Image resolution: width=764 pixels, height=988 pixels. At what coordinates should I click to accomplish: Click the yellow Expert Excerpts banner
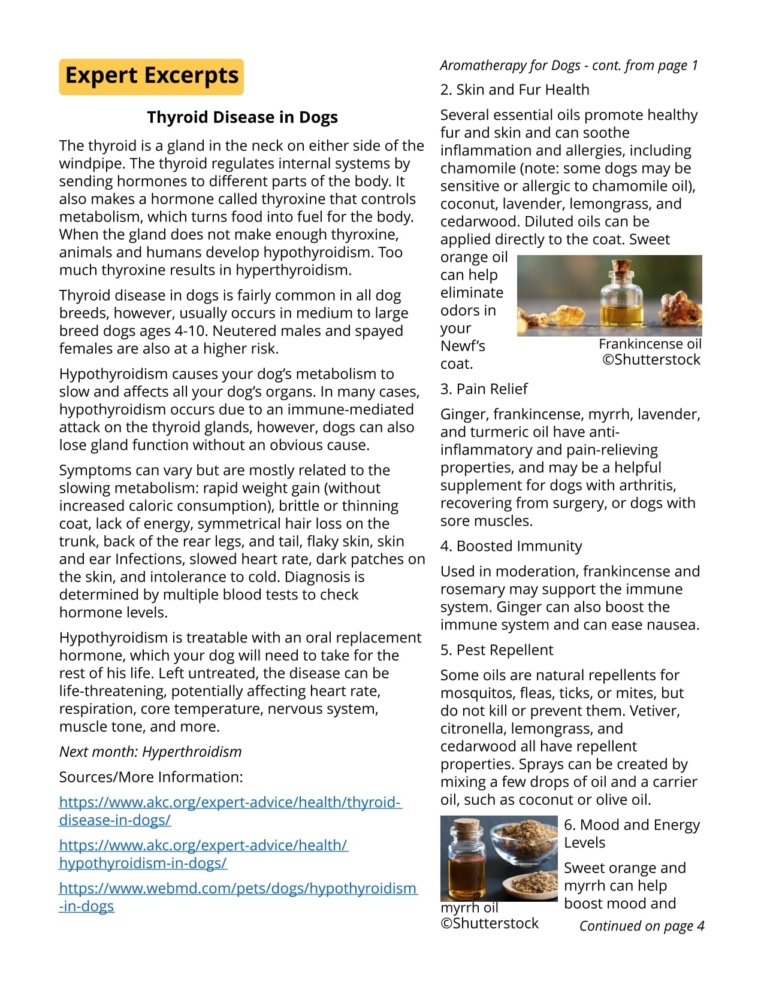152,77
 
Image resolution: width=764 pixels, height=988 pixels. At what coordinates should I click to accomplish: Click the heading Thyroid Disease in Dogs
242,117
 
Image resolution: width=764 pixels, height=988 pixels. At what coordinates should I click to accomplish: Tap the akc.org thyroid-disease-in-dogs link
230,811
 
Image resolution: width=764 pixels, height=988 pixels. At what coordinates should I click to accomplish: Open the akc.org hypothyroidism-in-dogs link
203,854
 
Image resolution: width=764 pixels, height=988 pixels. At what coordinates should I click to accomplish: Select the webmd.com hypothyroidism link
237,896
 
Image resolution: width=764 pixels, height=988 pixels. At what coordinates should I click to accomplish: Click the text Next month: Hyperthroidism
150,751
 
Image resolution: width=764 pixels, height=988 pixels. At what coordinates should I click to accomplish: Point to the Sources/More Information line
151,777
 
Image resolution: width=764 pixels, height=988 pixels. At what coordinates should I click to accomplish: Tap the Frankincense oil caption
650,344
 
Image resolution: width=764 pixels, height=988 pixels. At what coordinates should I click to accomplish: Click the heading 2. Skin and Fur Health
515,89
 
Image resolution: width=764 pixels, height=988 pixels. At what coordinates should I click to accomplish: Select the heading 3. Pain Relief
484,389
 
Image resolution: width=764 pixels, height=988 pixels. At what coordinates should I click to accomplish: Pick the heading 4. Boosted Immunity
511,545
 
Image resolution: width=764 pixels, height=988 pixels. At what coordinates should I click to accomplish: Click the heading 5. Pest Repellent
497,650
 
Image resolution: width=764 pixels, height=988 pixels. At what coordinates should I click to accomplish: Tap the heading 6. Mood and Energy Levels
632,833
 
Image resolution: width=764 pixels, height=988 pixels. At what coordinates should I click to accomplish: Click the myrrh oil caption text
469,907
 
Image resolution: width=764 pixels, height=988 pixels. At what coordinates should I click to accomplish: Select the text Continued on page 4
642,926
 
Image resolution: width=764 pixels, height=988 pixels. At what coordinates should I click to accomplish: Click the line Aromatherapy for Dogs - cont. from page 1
569,65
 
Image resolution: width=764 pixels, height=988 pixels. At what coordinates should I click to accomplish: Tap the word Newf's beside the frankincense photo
463,346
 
